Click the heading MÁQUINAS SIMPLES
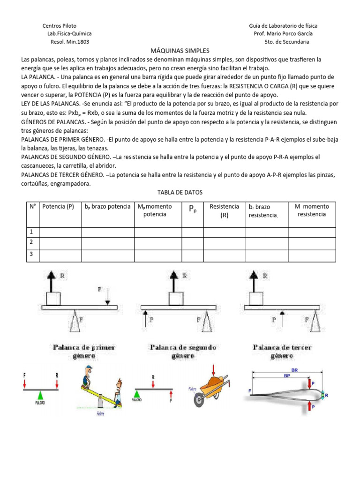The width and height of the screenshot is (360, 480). coord(180,50)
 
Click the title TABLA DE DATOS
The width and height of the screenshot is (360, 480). coord(180,192)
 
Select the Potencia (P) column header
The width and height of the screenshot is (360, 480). coord(58,207)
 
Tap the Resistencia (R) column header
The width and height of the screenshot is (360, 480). coord(224,210)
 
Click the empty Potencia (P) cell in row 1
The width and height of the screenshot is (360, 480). coord(60,232)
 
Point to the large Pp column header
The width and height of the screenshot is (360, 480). coord(192,210)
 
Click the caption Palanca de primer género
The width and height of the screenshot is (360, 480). coord(85,351)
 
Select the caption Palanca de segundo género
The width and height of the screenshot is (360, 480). coord(182,351)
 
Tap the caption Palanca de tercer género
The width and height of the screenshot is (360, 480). coord(282,351)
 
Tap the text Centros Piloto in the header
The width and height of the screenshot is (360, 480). coord(60,26)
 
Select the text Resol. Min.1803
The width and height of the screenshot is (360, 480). coord(69,42)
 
